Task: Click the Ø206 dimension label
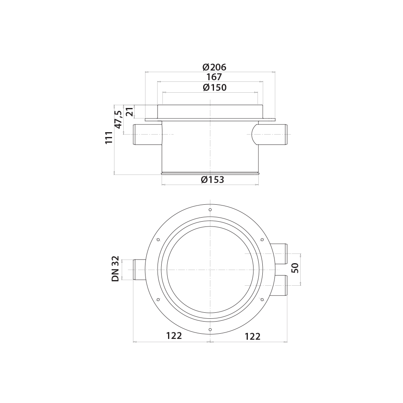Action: point(214,67)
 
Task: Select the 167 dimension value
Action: point(214,77)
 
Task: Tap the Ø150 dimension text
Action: point(214,87)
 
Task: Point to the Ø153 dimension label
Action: point(212,180)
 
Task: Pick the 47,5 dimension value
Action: point(118,119)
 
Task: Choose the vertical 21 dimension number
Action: point(129,111)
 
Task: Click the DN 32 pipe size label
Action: point(116,270)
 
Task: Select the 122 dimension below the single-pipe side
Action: point(174,336)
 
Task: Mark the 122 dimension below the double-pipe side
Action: point(253,336)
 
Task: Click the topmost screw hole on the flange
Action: point(210,210)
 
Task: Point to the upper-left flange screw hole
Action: point(158,240)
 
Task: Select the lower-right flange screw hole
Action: point(262,299)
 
